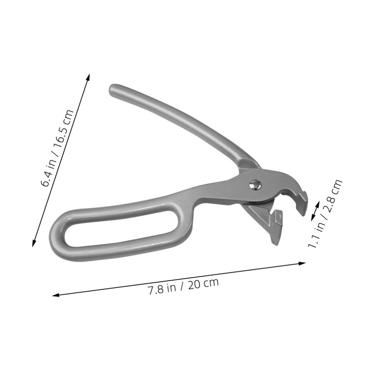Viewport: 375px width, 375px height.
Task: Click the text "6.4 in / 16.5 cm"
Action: point(57,148)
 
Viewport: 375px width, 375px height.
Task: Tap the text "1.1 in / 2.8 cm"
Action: point(325,214)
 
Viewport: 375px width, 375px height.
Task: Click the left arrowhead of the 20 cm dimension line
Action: point(55,295)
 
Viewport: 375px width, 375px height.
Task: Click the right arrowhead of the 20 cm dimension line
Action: point(302,264)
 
